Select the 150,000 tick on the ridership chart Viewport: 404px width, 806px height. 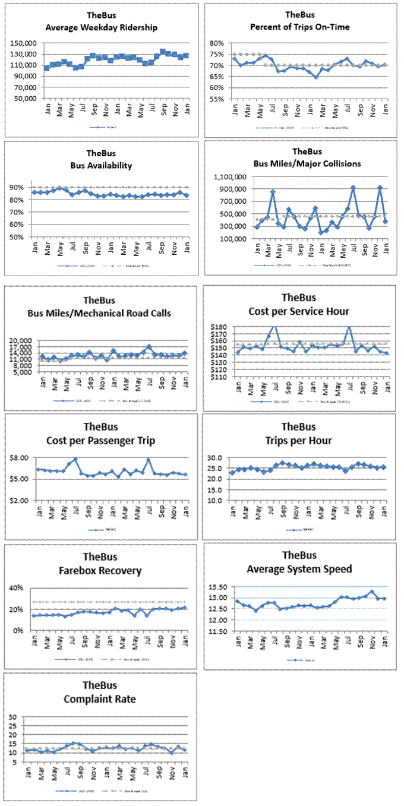coord(22,43)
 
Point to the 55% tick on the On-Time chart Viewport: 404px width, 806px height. coord(216,99)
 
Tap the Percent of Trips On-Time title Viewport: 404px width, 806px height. coord(299,27)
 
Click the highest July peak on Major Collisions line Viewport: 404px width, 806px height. coord(353,188)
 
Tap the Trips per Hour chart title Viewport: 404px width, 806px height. coord(299,441)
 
